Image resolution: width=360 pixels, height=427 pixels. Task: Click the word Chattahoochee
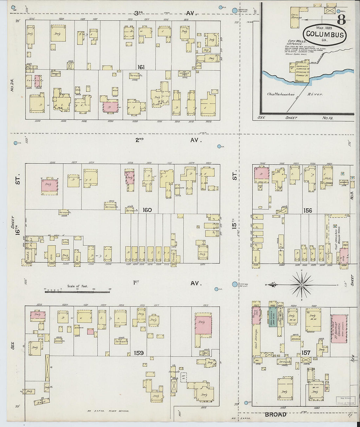click(x=280, y=94)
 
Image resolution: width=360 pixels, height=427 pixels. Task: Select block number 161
click(x=141, y=67)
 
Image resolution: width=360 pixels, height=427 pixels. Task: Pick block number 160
click(x=147, y=210)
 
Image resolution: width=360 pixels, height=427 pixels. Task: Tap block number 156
click(x=307, y=211)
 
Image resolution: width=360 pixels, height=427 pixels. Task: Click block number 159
click(x=139, y=353)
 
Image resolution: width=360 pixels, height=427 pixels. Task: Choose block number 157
click(x=306, y=353)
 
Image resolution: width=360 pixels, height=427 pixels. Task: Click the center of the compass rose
click(x=301, y=285)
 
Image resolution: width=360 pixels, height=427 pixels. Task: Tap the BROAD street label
click(x=276, y=415)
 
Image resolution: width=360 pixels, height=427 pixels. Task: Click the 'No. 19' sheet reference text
click(x=327, y=118)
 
